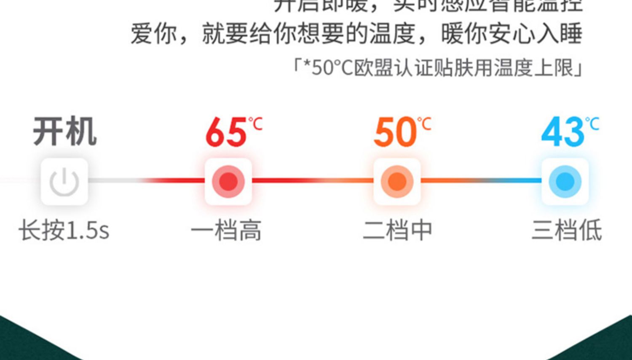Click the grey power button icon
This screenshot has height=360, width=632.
[64, 182]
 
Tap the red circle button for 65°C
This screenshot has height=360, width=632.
[228, 182]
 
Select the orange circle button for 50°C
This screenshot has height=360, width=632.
[396, 182]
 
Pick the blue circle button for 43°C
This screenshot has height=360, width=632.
[565, 182]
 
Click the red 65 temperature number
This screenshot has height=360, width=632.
[226, 132]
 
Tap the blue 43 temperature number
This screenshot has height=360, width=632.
[562, 132]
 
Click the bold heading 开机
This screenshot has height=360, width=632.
[65, 132]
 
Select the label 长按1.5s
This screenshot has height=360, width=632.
[64, 231]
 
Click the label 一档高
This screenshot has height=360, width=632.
[226, 231]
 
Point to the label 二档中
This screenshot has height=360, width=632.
[398, 231]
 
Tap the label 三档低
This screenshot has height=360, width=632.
[567, 231]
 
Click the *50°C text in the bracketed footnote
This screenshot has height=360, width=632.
[329, 67]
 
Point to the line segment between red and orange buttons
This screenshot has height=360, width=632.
[313, 180]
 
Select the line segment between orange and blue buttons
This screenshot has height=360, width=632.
[481, 180]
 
